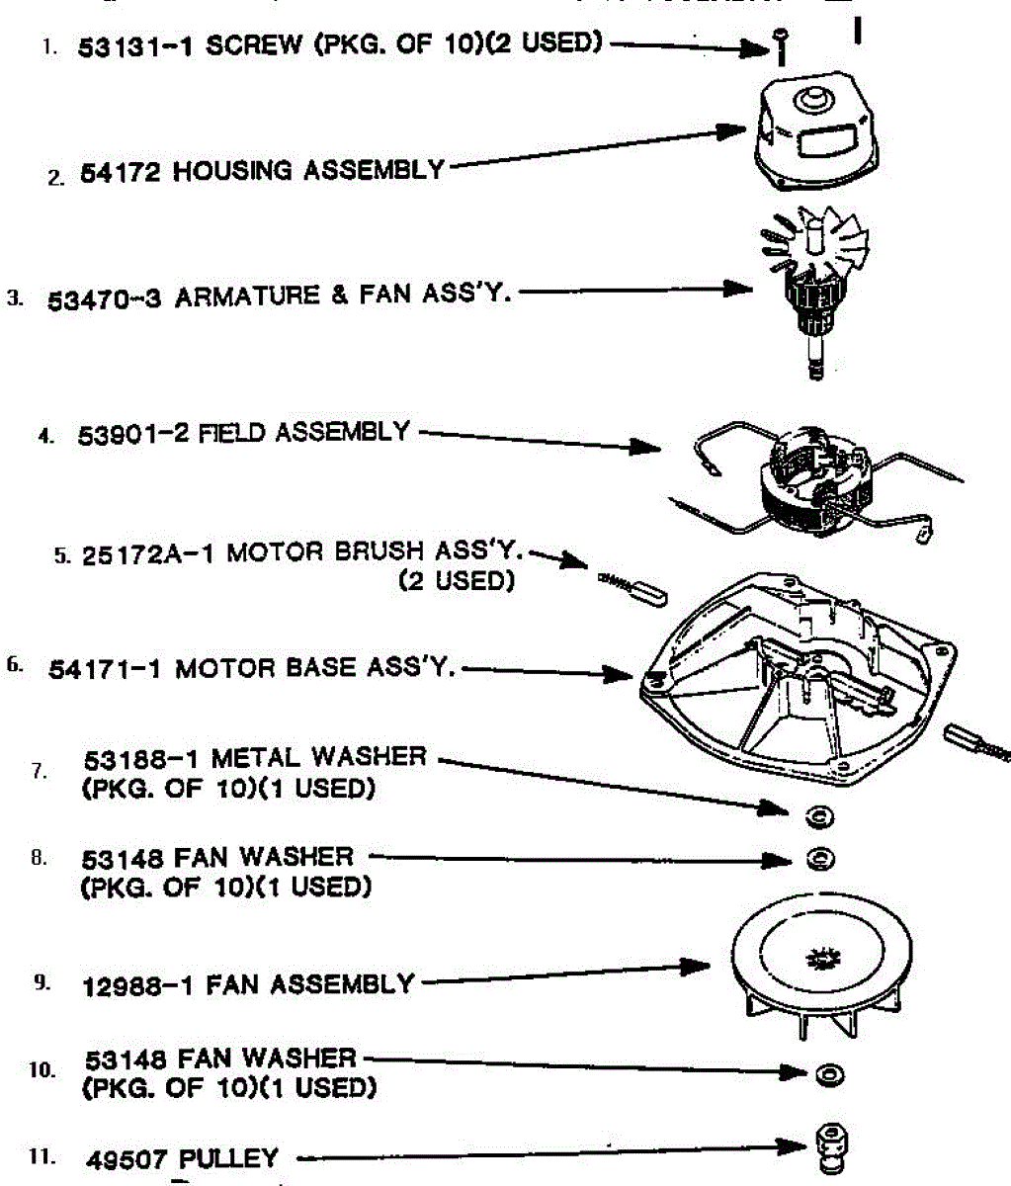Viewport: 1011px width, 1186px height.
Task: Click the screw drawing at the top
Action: pos(781,45)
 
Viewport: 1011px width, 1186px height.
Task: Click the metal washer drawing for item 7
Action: pos(819,816)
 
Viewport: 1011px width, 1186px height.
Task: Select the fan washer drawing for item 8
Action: pos(819,859)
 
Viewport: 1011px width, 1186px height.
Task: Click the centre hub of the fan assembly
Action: pos(819,958)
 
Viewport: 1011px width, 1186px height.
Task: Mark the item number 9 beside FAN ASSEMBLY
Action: pos(41,982)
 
